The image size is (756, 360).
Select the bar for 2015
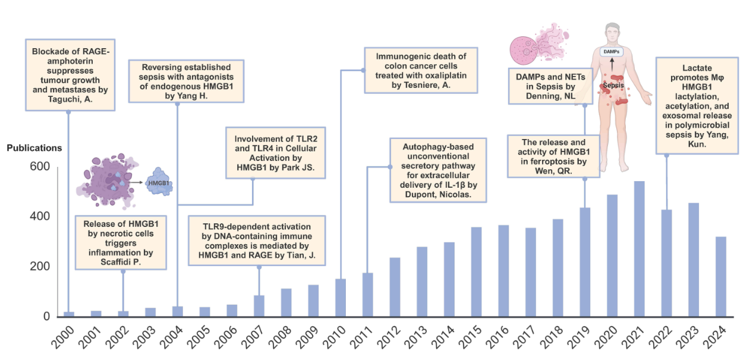click(476, 271)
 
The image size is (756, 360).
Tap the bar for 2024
click(720, 276)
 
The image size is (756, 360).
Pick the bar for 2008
click(286, 302)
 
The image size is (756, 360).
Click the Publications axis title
click(34, 147)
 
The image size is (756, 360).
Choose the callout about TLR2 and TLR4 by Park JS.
click(275, 152)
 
